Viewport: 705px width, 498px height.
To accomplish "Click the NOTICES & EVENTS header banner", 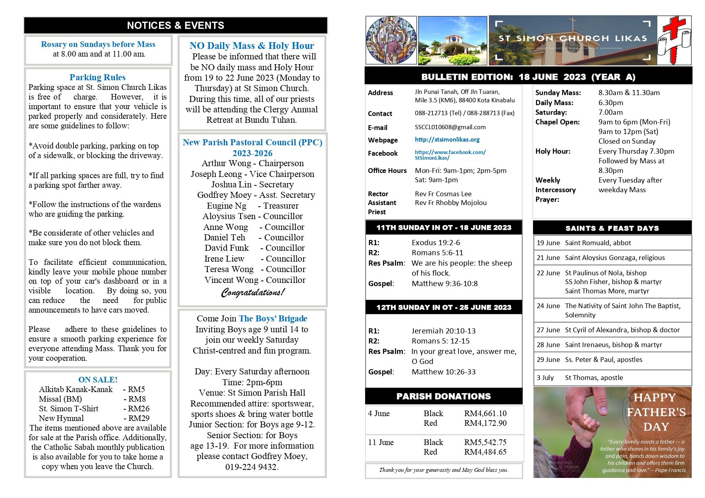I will click(176, 25).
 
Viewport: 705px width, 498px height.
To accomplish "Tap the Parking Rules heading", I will click(98, 77).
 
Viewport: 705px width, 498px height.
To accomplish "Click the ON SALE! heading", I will click(98, 379).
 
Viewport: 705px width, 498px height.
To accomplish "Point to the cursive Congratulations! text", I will click(253, 292).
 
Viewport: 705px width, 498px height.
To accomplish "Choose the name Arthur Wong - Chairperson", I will click(253, 163).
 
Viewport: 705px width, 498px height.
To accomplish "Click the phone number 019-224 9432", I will click(252, 467).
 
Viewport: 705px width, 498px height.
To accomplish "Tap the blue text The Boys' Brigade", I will click(273, 319).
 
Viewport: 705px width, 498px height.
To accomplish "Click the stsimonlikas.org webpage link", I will click(447, 140).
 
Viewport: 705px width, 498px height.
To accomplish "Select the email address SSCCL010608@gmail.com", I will click(450, 127).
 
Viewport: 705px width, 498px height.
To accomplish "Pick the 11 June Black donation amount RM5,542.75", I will click(485, 442).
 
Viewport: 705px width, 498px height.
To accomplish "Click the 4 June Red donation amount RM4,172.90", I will click(485, 423).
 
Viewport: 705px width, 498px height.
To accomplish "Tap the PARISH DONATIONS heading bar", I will click(443, 396).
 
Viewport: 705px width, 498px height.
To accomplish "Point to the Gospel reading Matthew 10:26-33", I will click(443, 372).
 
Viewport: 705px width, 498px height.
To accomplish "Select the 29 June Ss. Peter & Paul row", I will click(612, 360).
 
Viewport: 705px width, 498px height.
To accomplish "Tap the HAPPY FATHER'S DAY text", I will click(656, 412).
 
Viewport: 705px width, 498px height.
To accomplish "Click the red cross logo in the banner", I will click(674, 41).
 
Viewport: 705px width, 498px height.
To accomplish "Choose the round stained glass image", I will click(391, 41).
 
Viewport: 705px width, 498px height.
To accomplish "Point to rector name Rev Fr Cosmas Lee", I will click(443, 194).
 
